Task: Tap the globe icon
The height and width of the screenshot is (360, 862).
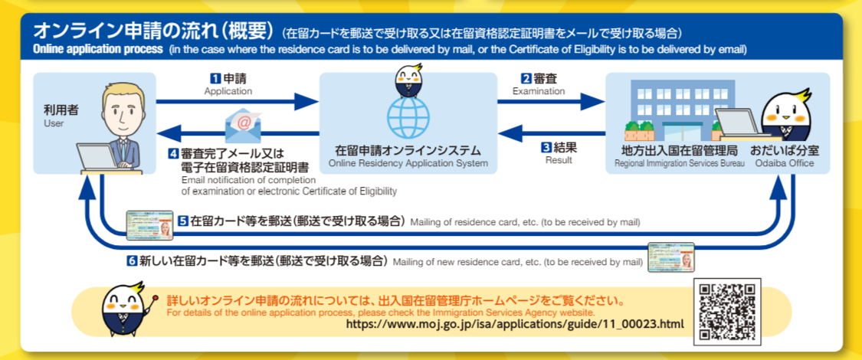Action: (x=408, y=116)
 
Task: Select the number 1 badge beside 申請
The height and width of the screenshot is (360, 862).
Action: (x=215, y=78)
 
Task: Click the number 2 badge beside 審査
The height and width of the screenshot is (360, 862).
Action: (x=526, y=78)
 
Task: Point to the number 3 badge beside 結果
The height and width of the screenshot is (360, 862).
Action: (x=546, y=147)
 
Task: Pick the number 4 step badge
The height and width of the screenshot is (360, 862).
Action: (x=174, y=152)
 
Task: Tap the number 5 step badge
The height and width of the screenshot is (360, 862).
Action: (x=184, y=221)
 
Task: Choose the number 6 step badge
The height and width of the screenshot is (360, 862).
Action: (x=133, y=260)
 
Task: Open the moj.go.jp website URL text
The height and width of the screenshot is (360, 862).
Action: (x=514, y=324)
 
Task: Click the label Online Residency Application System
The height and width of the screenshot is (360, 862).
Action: (x=408, y=163)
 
